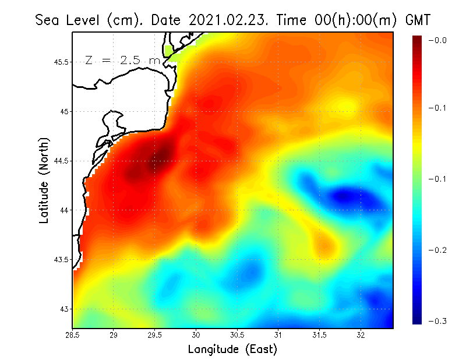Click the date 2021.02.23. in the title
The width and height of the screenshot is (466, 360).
[x=227, y=20]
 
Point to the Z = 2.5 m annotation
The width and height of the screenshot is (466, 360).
[x=122, y=59]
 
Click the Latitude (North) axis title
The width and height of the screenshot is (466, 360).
[x=44, y=180]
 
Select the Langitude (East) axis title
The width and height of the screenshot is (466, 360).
[x=232, y=349]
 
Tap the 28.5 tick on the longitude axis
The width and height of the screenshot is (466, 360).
[x=72, y=335]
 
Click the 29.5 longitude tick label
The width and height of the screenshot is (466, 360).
[x=155, y=335]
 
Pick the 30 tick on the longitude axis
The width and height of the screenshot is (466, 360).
[x=196, y=335]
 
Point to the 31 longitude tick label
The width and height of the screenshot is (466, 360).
[x=278, y=335]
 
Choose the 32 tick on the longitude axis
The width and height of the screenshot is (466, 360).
[x=361, y=335]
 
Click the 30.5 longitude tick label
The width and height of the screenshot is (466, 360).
[x=237, y=335]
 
